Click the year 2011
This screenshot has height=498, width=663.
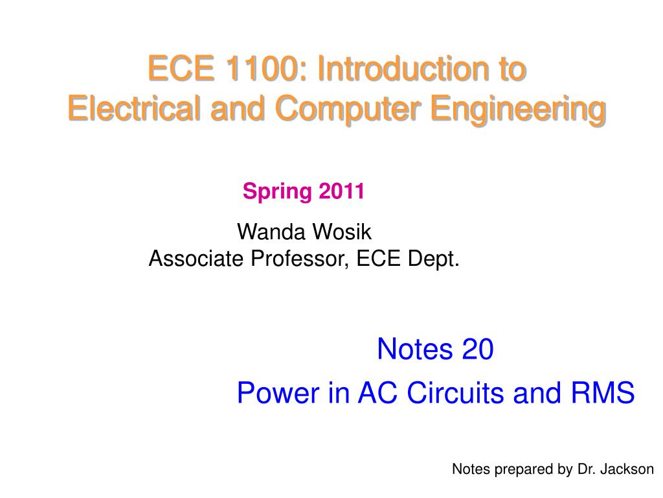341,191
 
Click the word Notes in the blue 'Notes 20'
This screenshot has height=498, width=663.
414,350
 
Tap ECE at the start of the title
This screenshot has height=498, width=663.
181,69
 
